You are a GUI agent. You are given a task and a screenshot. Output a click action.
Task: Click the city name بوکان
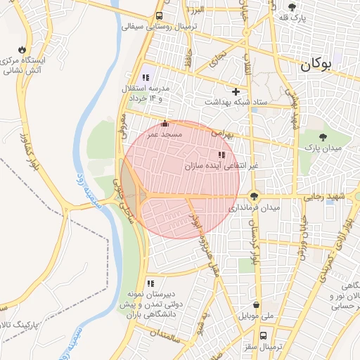click(324, 65)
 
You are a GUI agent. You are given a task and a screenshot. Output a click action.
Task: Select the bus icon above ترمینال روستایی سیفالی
click(160, 15)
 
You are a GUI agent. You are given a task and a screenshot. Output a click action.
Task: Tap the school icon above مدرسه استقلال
click(146, 77)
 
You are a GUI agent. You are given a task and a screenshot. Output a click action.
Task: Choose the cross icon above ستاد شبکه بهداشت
click(236, 91)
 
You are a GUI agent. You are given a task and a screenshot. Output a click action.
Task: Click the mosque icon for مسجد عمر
click(165, 123)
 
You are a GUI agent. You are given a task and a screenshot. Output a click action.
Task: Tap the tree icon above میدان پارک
click(323, 137)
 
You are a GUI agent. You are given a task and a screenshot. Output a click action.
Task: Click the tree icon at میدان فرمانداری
click(254, 196)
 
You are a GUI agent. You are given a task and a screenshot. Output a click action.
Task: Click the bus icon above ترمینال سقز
click(263, 335)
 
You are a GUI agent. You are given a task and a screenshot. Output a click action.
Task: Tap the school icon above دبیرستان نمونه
click(150, 283)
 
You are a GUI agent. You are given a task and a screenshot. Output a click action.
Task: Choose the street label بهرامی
click(239, 131)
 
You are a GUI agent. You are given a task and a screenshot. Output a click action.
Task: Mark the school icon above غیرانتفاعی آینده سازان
click(221, 154)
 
